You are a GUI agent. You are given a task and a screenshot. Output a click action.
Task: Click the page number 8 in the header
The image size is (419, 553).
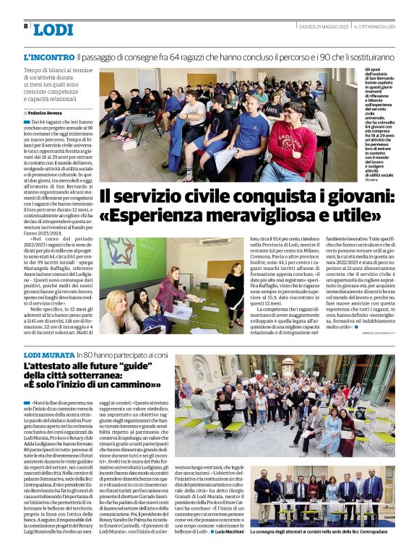pos(25,27)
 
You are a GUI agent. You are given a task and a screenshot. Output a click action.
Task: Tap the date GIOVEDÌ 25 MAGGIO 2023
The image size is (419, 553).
pos(325,27)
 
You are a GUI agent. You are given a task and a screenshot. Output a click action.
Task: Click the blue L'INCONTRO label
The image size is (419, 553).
pos(48,56)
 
